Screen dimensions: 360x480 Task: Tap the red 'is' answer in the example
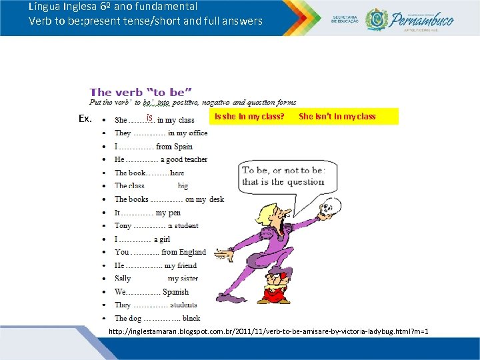[150, 118]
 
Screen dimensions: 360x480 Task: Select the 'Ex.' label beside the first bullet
[85, 119]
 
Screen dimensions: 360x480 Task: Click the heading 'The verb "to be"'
[141, 92]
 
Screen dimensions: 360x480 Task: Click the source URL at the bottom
[268, 331]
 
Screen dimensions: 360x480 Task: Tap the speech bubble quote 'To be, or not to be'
[283, 176]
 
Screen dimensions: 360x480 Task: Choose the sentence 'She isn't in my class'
[337, 117]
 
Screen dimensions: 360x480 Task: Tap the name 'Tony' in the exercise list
[123, 225]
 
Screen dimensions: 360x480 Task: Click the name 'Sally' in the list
[123, 279]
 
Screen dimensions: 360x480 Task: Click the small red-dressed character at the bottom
[273, 285]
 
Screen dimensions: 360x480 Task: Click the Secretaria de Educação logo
[344, 20]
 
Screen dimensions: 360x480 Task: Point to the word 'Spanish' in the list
[175, 292]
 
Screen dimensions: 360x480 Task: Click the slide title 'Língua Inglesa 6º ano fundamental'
[113, 7]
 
